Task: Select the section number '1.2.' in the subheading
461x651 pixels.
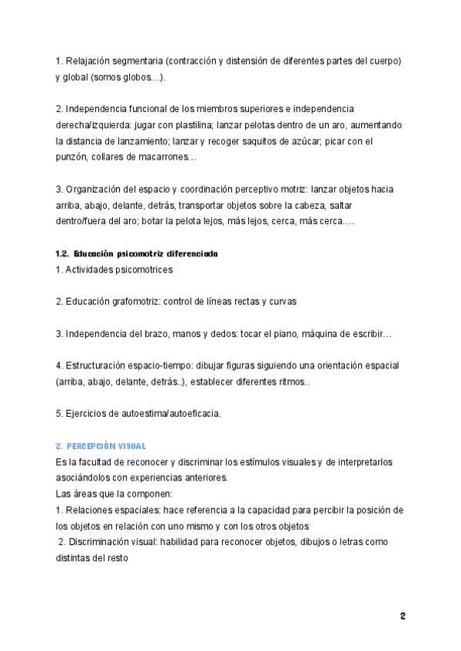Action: [63, 253]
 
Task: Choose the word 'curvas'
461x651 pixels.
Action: [281, 302]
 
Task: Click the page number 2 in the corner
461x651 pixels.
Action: [403, 616]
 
